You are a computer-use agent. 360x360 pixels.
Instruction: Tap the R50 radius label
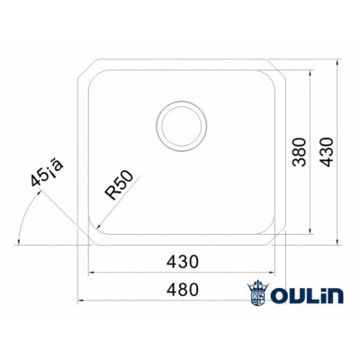pos(120,186)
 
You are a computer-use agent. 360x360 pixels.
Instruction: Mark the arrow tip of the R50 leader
pos(93,230)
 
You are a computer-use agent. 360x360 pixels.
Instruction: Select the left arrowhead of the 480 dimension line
pos(78,298)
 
